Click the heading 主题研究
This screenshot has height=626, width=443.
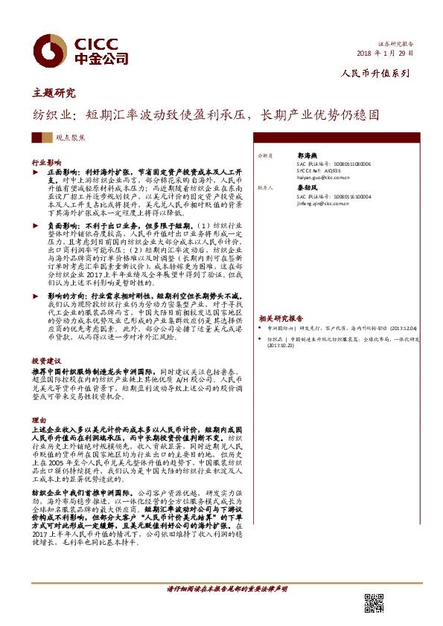[54, 94]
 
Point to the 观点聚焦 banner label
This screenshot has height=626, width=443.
[70, 138]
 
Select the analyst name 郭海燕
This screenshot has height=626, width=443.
[287, 157]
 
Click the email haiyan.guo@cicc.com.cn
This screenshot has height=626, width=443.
[307, 178]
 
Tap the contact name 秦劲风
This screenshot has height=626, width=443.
[287, 189]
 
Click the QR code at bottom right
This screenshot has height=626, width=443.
[374, 603]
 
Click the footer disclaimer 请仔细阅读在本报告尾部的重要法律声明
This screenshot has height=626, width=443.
[224, 588]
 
